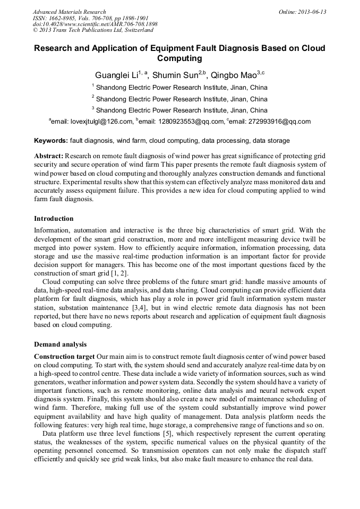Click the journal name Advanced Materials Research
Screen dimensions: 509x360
pos(69,12)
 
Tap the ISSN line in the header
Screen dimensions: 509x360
pos(91,18)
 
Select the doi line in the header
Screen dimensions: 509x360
pos(95,24)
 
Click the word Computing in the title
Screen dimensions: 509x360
pos(179,58)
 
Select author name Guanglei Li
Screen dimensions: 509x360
pos(116,75)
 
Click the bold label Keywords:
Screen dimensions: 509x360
pos(50,141)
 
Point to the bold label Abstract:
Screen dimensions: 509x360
pos(49,156)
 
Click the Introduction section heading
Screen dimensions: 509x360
pos(54,218)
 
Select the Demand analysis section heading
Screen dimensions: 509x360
pos(60,344)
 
